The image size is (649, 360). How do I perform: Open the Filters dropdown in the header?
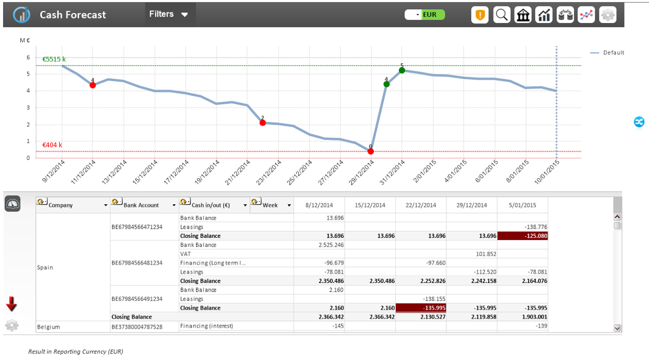(169, 14)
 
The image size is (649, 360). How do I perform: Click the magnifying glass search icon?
(501, 15)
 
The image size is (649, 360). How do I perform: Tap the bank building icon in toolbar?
(523, 15)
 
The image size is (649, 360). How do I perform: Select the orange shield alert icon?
(480, 15)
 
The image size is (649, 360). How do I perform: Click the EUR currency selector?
(425, 15)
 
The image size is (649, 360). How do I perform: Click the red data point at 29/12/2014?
(370, 151)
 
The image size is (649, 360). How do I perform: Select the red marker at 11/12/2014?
(92, 85)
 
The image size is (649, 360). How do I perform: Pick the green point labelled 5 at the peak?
(402, 70)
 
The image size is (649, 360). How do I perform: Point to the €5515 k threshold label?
(54, 59)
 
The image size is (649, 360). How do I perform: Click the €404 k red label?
(52, 145)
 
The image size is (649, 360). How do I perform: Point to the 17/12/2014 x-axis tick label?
(176, 172)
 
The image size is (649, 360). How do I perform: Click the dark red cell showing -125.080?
(522, 236)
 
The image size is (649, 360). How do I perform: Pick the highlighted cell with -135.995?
(421, 308)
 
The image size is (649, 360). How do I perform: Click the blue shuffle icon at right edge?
(639, 122)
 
